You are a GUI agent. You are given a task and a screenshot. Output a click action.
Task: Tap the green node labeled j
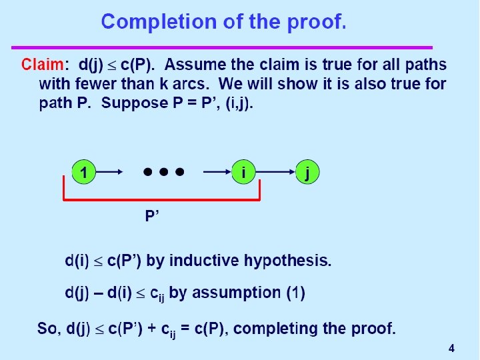(307, 172)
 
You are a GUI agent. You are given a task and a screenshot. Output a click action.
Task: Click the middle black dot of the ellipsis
(163, 171)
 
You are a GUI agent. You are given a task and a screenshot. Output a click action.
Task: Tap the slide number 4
(451, 348)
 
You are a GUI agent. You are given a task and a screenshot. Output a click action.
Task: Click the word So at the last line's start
(47, 329)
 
